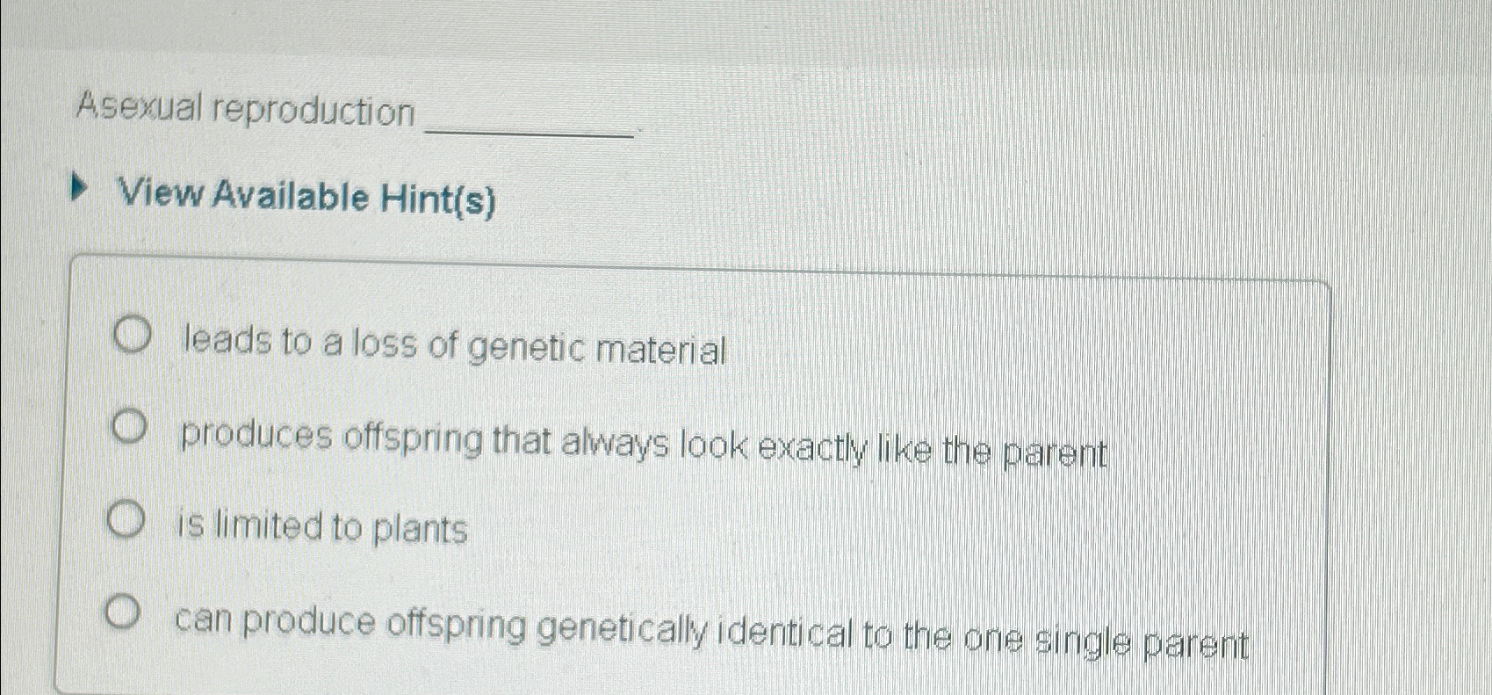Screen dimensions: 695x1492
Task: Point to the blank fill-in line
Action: [x=530, y=134]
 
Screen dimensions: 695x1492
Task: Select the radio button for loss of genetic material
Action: [x=132, y=337]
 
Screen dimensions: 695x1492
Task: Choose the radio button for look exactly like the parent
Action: [x=128, y=428]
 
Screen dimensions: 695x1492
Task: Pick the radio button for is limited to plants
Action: [x=125, y=521]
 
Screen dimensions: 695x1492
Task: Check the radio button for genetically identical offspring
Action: [x=122, y=612]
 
